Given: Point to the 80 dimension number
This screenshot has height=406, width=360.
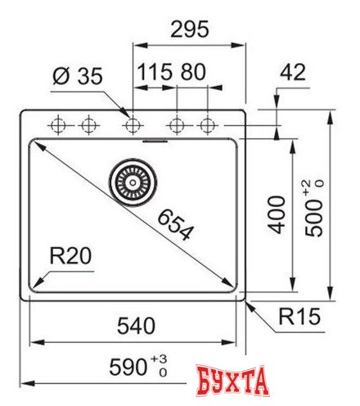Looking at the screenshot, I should (192, 72).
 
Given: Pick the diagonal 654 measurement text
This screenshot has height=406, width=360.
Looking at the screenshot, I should (174, 223).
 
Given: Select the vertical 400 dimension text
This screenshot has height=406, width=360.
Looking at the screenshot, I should (279, 214).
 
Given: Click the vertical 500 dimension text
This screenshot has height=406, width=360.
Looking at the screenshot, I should (314, 218).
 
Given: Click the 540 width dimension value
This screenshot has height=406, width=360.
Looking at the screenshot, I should (134, 325).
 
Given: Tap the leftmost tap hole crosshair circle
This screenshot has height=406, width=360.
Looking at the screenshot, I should (58, 125).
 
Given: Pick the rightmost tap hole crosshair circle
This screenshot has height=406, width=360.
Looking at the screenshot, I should (208, 125).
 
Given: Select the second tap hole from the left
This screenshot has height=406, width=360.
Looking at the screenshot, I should (87, 125).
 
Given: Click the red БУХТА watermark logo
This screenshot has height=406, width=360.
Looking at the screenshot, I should (233, 383).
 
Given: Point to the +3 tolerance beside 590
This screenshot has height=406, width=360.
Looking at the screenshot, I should (162, 360).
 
